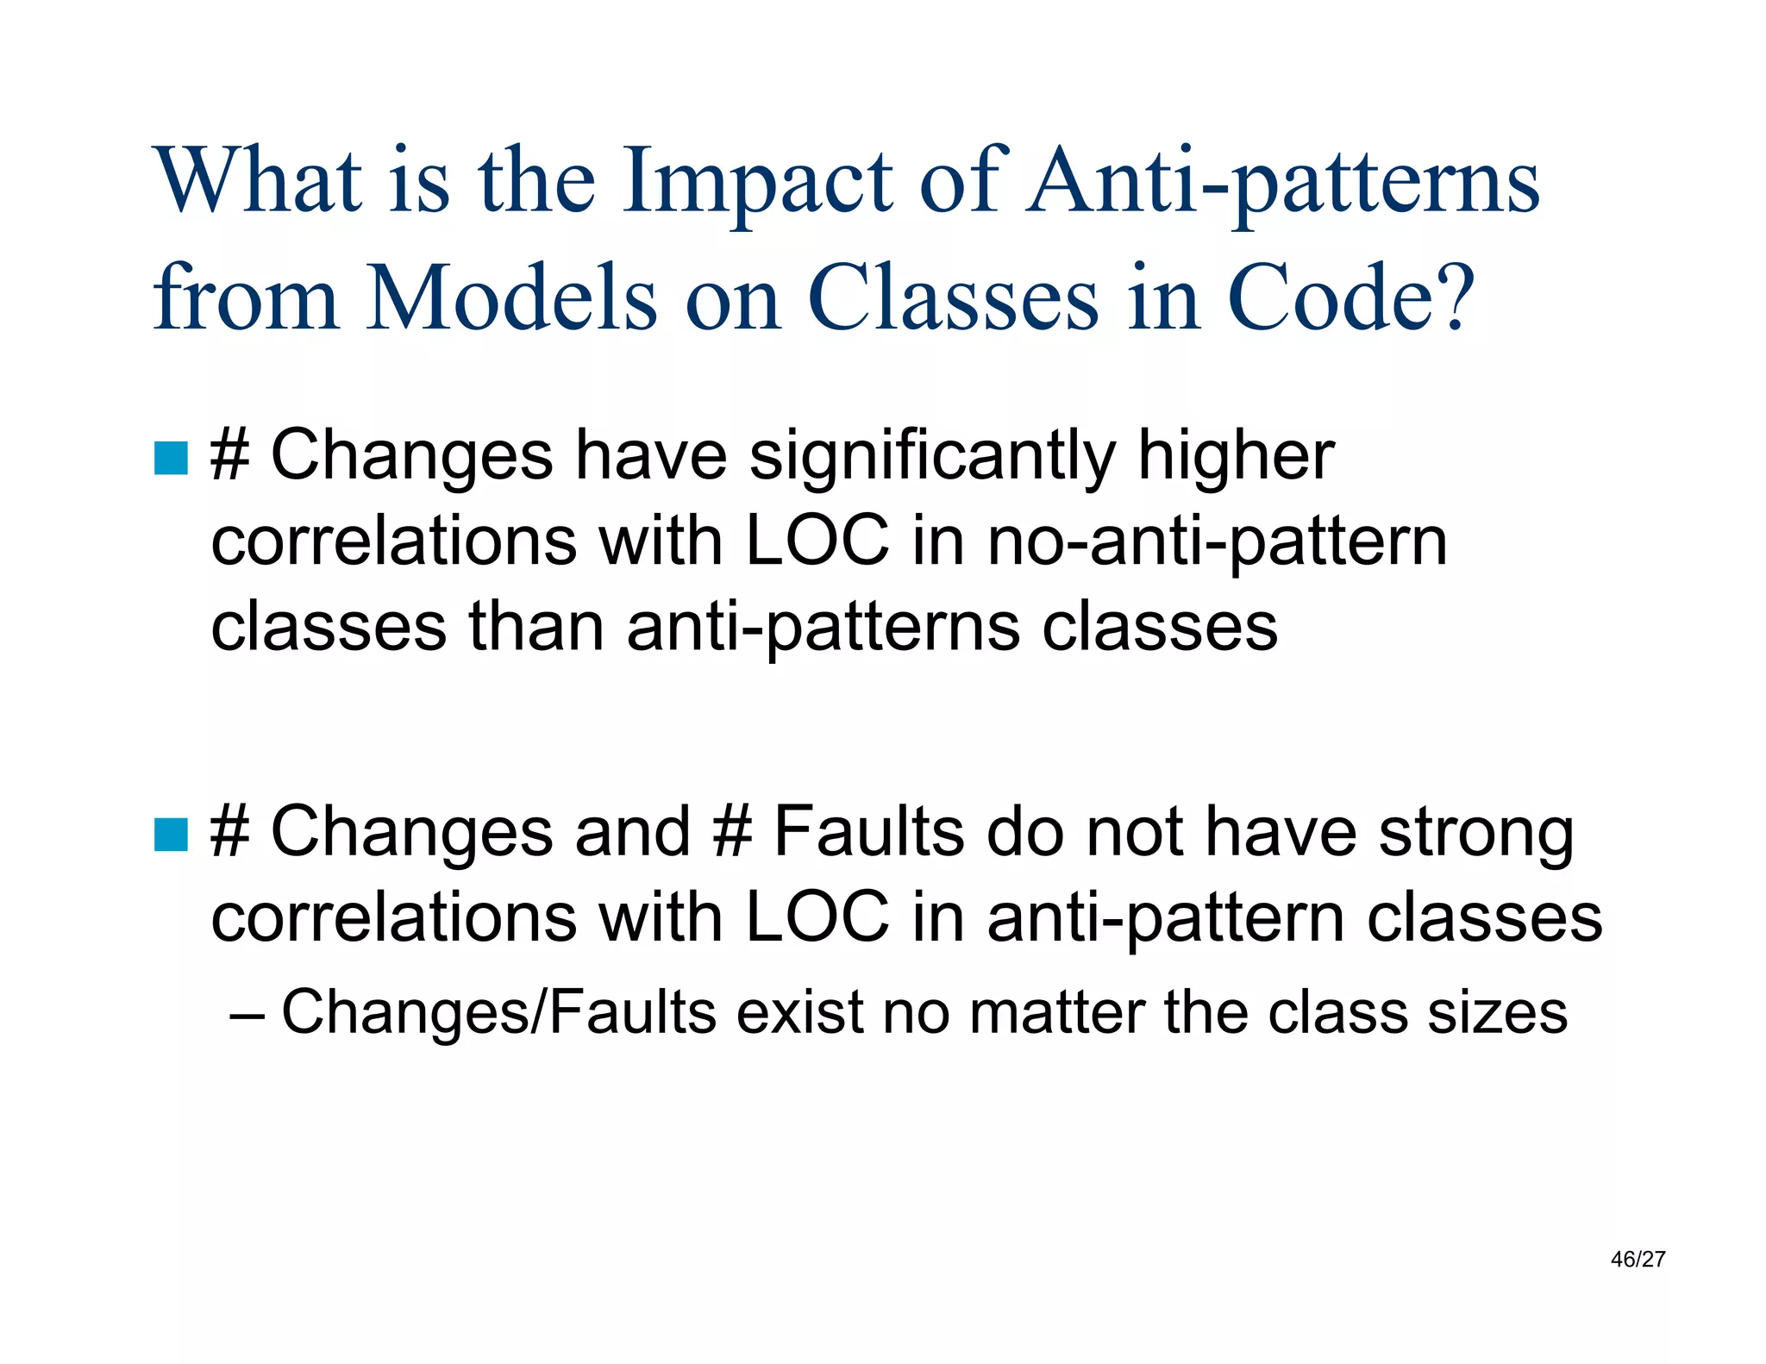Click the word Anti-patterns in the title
point(1282,183)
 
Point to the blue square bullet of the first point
point(171,459)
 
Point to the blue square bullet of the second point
point(171,835)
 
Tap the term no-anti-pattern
point(1217,543)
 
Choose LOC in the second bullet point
point(817,917)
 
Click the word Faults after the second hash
point(867,832)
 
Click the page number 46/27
point(1638,1260)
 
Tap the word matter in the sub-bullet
point(1057,1012)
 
